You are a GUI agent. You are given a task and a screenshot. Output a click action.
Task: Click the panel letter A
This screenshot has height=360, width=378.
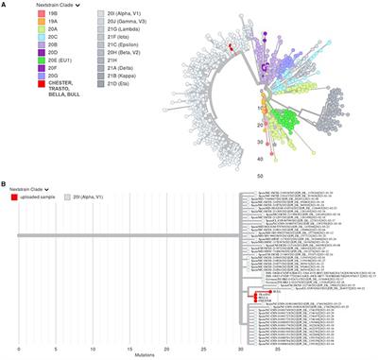click(x=4, y=5)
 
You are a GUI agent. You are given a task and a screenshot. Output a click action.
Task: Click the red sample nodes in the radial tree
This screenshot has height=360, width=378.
click(x=231, y=44)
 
